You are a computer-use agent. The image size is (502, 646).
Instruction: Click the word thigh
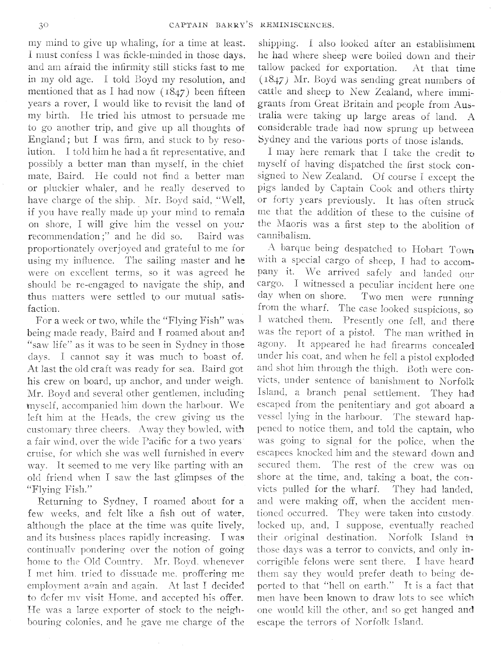[x=383, y=370]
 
